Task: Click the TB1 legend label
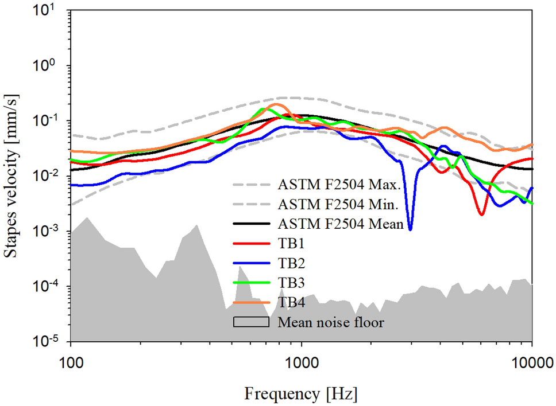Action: pos(290,244)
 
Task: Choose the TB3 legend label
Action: pos(290,283)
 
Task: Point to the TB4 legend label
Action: pos(290,302)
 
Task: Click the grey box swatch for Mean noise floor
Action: pos(251,322)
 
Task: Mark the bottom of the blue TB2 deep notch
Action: pos(410,229)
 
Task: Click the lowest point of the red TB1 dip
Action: pos(481,214)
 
